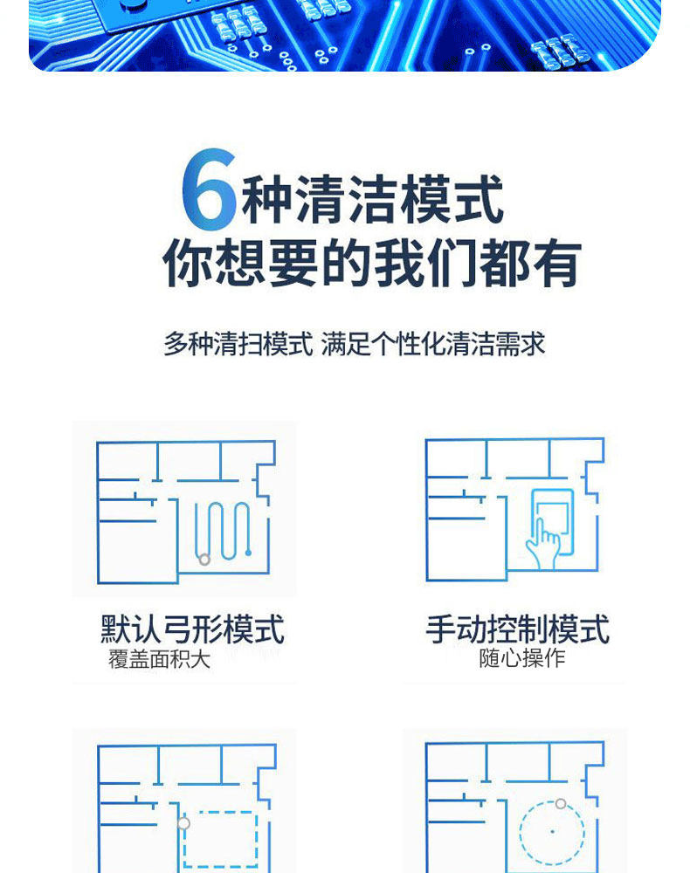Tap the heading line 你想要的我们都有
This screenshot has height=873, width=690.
point(372,263)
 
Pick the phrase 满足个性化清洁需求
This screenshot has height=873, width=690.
point(433,344)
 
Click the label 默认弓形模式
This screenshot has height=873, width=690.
point(193,629)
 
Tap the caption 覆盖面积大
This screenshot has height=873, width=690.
point(159,659)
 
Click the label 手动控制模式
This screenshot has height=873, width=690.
point(518,629)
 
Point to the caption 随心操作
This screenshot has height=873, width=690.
point(522,658)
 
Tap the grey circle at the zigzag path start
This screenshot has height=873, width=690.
point(204,559)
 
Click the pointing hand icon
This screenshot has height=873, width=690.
point(543,544)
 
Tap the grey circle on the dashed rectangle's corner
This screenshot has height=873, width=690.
point(183,823)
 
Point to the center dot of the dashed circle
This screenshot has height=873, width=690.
point(552,832)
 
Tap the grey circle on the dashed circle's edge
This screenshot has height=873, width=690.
point(561,803)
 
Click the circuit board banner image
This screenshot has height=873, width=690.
point(345,35)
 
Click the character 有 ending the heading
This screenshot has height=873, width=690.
point(555,263)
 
